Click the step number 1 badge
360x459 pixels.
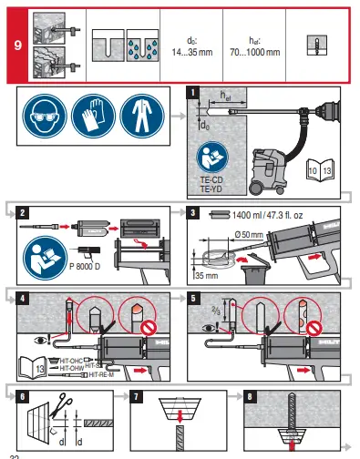(x=191, y=92)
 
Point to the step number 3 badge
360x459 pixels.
(x=191, y=214)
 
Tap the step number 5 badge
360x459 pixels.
(x=191, y=297)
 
